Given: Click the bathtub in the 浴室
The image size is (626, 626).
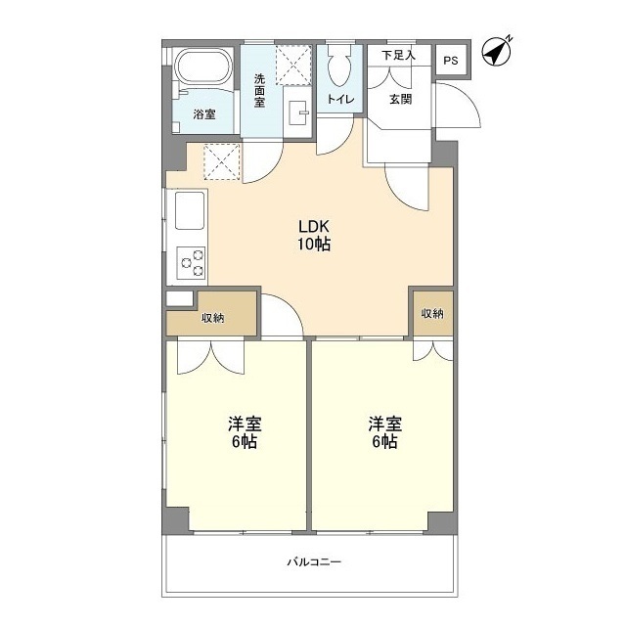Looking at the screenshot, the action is pos(203,67).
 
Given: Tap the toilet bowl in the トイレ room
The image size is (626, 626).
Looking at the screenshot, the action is pos(339,65).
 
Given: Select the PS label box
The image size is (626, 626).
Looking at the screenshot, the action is pos(451,61).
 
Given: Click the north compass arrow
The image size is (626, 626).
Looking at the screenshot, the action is pos(497,52).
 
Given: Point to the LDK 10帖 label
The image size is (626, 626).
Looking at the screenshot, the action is pos(314,235).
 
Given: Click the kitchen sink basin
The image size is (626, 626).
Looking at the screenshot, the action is pos(190,210).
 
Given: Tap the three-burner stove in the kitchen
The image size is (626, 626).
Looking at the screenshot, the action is pos(192,263).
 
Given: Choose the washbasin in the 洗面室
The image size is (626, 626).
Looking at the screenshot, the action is pos(297,112).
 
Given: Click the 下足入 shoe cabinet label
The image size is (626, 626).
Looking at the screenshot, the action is pos(398,55).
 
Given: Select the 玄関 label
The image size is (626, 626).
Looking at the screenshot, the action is pos(400,99).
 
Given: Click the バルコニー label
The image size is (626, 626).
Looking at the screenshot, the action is pos(314,562).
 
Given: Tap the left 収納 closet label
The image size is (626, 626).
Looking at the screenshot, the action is pos(213,318).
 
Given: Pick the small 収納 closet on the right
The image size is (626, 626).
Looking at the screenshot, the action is pos(433,313).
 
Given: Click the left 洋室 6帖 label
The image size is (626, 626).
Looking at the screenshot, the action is pos(245,432).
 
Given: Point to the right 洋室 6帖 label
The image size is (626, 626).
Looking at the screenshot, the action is pos(384,432).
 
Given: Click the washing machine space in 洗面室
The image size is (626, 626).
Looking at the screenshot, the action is pos(293,66).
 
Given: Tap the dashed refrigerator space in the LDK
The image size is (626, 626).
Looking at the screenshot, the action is pos(222,161).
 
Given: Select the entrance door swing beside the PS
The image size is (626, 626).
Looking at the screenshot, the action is pos(458,106).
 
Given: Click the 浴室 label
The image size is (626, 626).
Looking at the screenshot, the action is pos(204,114).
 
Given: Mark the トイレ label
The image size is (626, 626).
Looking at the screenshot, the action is pos(340,99).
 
